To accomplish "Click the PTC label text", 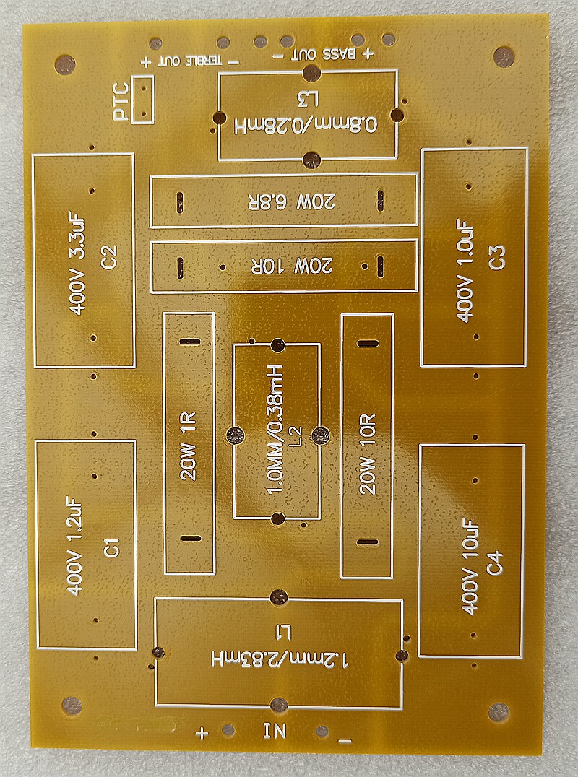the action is pos(121,102).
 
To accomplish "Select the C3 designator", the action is pos(498,258).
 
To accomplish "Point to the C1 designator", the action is pos(111,547).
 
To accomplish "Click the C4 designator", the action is pos(494,563).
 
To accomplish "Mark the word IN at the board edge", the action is pos(275,731).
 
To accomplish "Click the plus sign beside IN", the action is pos(202,734).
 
